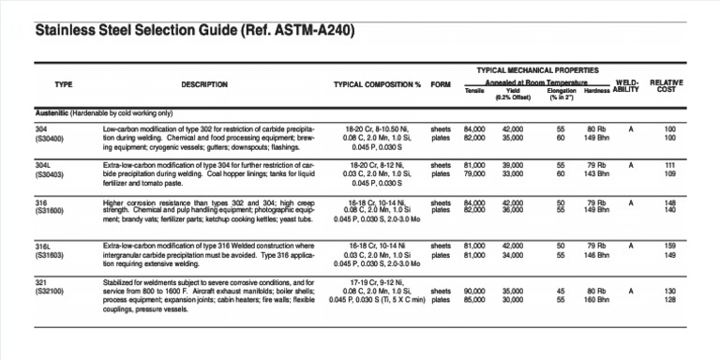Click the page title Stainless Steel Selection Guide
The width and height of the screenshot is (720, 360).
coord(195,31)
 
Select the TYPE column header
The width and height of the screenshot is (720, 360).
coord(64,84)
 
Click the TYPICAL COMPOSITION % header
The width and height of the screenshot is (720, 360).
coord(377,84)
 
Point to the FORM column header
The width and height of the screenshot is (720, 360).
coord(441,84)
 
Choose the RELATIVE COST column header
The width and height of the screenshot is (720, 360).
coord(667,85)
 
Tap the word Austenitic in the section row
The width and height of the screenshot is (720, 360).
coord(52,111)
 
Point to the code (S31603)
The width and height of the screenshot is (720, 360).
coord(50,254)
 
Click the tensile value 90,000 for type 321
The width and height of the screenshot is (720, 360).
coord(474,291)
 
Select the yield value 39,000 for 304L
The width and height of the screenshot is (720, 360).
coord(513,165)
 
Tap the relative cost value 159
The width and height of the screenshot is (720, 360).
coord(669,246)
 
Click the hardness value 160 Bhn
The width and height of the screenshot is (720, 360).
coord(597,300)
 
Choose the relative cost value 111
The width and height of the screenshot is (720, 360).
coord(669,165)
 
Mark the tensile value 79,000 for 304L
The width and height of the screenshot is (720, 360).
coord(474,173)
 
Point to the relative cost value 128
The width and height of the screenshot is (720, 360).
coord(669,300)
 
